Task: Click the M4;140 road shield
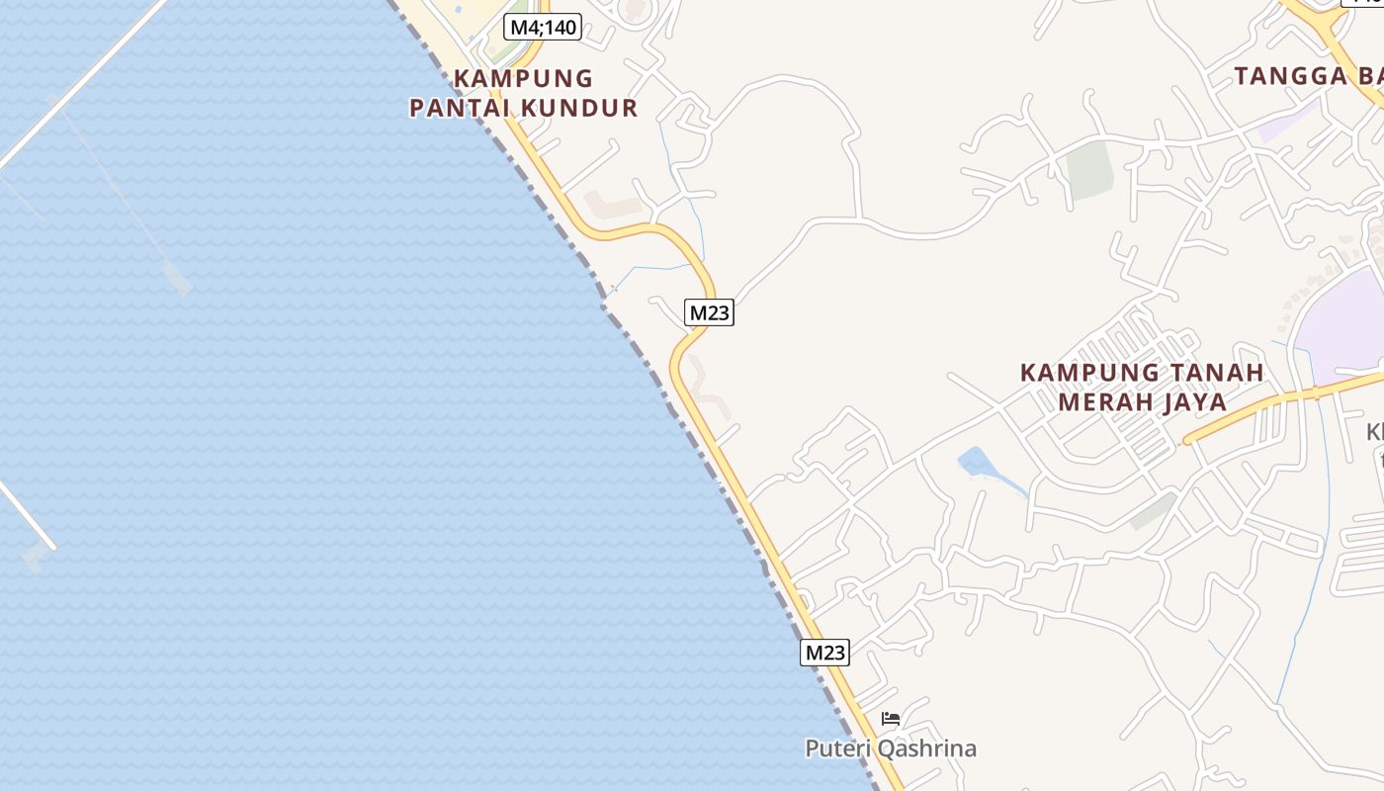(x=543, y=27)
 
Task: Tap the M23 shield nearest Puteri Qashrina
(x=824, y=653)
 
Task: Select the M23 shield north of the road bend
(x=709, y=313)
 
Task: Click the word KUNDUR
(x=579, y=108)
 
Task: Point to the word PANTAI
(x=461, y=108)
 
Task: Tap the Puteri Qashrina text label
(x=891, y=748)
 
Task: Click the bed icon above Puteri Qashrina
(x=891, y=719)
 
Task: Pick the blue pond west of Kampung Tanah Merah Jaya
(x=975, y=462)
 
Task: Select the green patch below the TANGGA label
(x=1088, y=168)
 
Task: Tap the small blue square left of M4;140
(x=459, y=9)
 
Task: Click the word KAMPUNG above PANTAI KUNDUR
(x=523, y=78)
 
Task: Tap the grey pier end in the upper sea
(x=179, y=278)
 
